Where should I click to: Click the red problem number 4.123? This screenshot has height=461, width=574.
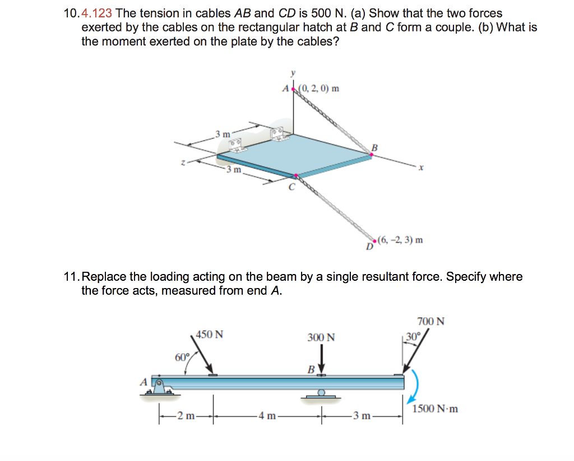click(97, 13)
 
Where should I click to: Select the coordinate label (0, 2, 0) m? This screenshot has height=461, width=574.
click(319, 88)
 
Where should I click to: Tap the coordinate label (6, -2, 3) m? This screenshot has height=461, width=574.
click(400, 240)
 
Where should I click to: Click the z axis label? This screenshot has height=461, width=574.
click(182, 162)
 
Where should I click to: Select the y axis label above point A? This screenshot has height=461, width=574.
click(291, 73)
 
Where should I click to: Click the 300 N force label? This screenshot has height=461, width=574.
click(321, 337)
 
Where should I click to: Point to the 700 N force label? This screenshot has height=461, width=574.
click(431, 322)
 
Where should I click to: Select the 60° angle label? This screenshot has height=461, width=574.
click(182, 357)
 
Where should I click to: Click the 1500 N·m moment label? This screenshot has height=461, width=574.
click(435, 409)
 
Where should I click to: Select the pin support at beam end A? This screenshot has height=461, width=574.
click(159, 387)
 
